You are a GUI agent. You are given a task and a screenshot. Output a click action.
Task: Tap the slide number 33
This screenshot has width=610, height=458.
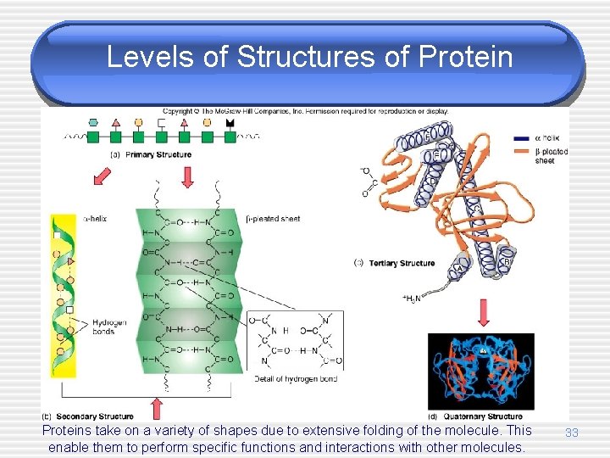[x=572, y=433]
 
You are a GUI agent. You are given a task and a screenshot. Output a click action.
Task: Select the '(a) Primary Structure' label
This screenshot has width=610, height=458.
[x=151, y=154]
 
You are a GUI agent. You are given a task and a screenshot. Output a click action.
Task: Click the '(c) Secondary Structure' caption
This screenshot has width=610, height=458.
[x=87, y=416]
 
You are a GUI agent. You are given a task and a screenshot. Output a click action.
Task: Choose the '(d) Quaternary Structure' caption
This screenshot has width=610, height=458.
[x=475, y=416]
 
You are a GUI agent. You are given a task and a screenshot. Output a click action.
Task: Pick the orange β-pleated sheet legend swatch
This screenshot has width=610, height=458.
[x=523, y=152]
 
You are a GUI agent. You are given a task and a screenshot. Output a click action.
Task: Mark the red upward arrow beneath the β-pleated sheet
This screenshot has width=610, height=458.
[x=157, y=405]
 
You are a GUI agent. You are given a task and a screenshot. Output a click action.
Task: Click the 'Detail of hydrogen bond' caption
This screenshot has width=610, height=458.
[x=296, y=379]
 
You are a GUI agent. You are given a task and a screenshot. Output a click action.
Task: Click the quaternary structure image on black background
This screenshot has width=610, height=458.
[x=481, y=371]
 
